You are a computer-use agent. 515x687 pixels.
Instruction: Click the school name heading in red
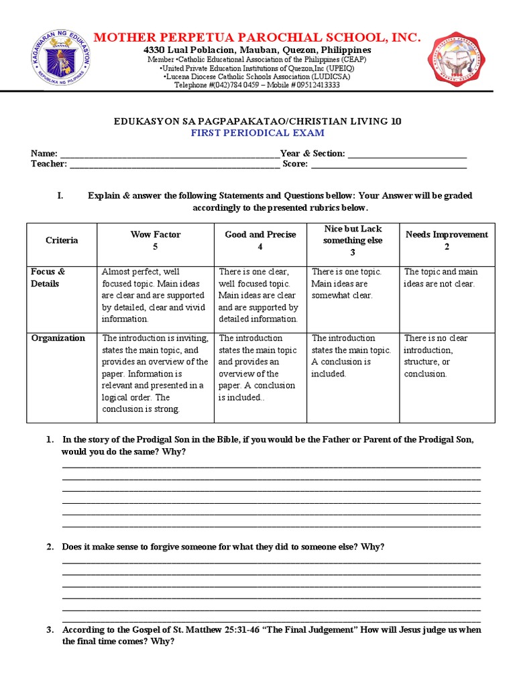pos(257,38)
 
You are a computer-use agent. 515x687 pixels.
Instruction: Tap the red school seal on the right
pos(459,59)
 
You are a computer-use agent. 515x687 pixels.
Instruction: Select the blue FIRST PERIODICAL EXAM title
pos(257,133)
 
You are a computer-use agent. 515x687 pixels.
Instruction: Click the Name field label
pos(44,154)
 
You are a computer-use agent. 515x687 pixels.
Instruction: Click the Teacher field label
pos(48,164)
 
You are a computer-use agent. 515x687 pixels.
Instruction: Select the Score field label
pos(295,164)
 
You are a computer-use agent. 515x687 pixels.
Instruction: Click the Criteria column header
pos(62,240)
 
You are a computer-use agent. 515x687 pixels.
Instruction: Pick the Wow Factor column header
pos(156,240)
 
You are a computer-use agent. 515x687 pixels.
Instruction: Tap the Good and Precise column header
pos(260,240)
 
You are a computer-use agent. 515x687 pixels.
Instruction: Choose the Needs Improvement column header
pos(447,240)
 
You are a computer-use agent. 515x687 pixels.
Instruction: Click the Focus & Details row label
pos(48,278)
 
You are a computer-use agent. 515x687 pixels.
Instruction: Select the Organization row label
pos(58,338)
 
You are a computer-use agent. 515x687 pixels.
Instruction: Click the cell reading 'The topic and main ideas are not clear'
pos(440,278)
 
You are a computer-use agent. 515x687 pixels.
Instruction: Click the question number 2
pos(50,547)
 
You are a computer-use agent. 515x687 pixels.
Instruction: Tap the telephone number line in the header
pos(257,85)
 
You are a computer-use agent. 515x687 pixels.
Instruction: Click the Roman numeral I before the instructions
pos(60,196)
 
